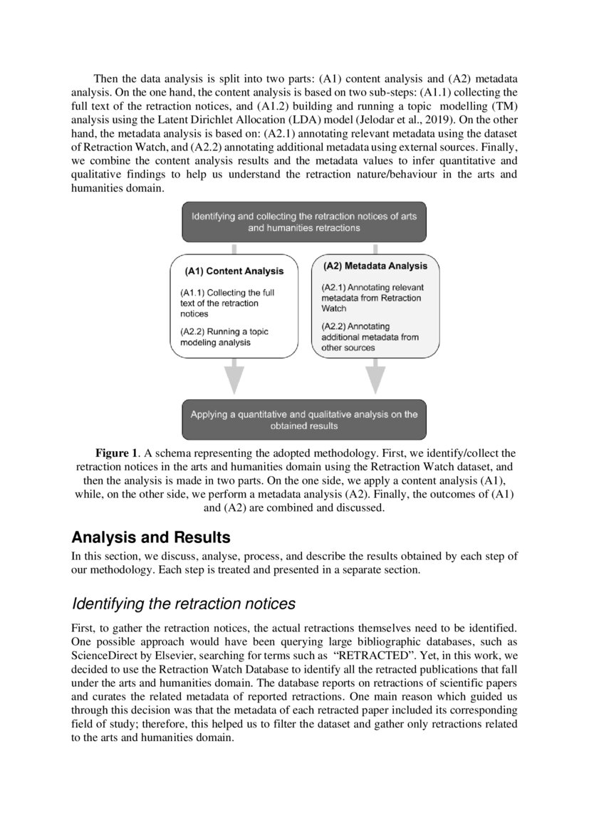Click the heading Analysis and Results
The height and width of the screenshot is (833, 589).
(150, 537)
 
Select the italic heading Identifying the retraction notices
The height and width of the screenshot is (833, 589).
(183, 604)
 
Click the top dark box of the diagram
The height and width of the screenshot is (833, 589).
(304, 222)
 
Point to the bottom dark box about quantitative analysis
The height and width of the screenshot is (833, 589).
(304, 420)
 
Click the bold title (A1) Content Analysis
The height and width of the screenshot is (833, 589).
(234, 271)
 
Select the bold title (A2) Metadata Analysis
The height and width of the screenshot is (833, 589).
(375, 266)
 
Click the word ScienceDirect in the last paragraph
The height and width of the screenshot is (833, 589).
(105, 658)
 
